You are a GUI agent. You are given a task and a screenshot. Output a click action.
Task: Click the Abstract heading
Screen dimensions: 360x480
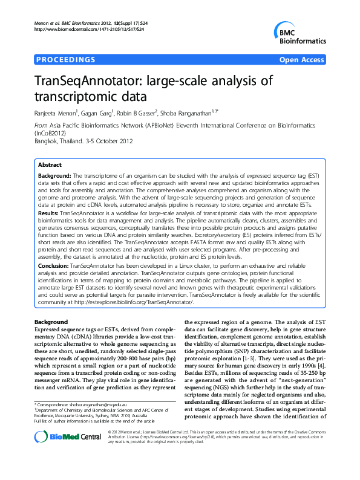(x=50, y=164)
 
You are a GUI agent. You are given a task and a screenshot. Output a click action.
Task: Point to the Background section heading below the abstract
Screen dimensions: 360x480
(x=51, y=322)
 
